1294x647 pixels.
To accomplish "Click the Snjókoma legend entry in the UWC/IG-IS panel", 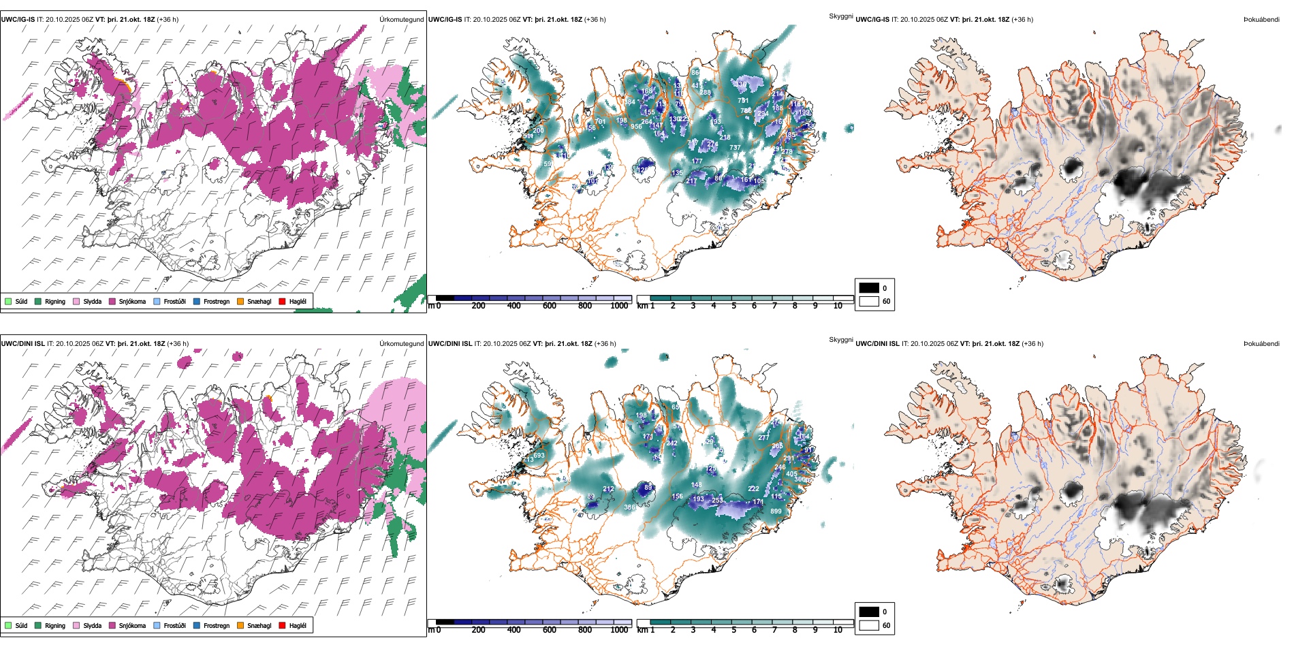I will [x=132, y=301].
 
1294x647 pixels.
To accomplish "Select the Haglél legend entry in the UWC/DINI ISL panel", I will [x=298, y=625].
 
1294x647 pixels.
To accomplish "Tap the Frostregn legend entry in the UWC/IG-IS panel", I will [x=216, y=301].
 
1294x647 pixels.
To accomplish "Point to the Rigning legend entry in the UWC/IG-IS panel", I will [x=55, y=301].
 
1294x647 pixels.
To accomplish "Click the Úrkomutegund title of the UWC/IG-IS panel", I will [x=401, y=19].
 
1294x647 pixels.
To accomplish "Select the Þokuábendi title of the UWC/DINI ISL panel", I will [x=1261, y=343].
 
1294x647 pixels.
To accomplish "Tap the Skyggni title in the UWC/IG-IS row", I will [x=840, y=16].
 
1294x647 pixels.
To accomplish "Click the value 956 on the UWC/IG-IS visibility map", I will [x=636, y=127].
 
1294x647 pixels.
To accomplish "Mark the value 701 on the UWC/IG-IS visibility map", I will [x=600, y=122].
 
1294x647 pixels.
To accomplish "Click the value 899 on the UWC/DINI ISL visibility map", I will [x=776, y=511].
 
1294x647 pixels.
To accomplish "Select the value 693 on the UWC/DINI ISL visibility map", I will [x=539, y=456].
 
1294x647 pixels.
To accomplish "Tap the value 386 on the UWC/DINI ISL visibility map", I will [x=629, y=507].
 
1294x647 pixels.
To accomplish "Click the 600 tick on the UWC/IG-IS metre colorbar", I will [x=549, y=306].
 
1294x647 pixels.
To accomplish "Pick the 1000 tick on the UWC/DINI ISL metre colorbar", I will [x=619, y=630].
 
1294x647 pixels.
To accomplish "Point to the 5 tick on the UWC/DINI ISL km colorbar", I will [x=733, y=630].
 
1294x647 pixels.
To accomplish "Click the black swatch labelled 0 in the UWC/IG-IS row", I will [x=869, y=287].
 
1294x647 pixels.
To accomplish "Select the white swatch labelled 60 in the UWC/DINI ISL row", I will [x=869, y=625].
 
